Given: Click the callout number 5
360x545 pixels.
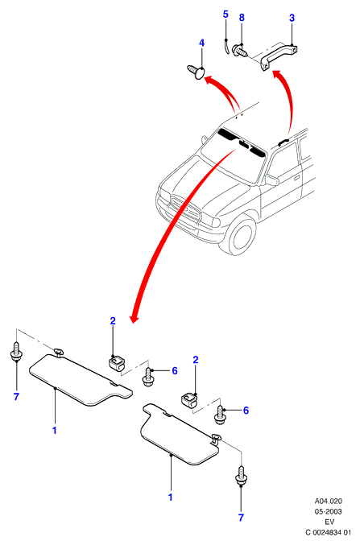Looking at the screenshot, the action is [226, 14].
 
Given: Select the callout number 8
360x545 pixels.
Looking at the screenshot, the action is [242, 18].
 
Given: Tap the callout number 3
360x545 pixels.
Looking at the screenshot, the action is [292, 18].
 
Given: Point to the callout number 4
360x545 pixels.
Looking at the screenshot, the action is [201, 43].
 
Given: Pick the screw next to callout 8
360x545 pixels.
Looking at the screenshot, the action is [240, 50].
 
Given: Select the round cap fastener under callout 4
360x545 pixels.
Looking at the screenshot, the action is [197, 72].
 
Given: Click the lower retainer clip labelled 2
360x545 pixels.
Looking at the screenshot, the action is [190, 400].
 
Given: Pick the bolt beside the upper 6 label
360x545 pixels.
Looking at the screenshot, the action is [148, 377].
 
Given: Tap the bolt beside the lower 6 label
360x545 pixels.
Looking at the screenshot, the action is [220, 415].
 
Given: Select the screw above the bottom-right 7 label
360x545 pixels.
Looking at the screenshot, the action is [241, 476].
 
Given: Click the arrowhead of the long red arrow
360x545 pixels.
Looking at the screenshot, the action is [134, 317].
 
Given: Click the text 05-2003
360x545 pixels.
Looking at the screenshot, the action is [328, 512].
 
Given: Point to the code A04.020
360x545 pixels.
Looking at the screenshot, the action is [329, 502].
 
